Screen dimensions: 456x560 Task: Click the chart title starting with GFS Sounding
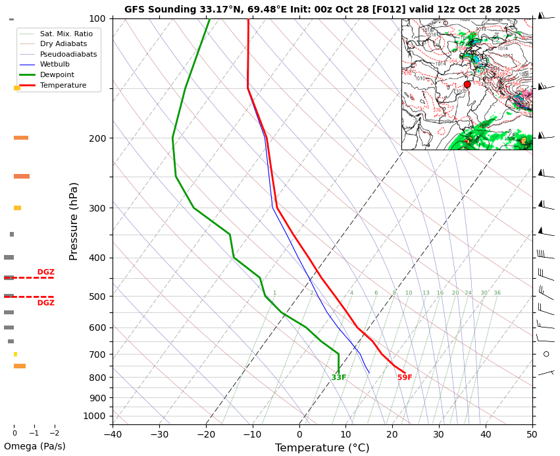[322, 9]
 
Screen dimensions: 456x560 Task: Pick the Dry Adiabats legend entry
[63, 43]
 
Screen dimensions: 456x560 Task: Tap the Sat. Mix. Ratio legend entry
[66, 34]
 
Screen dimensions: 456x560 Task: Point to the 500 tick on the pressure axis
[97, 297]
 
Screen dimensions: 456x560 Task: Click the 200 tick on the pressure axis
[97, 138]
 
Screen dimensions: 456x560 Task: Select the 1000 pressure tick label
[95, 416]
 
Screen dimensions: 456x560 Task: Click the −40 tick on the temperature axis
[113, 434]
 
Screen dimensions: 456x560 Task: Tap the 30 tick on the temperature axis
[439, 434]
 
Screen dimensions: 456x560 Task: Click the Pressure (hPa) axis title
[74, 221]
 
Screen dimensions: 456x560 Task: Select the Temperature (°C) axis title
[322, 448]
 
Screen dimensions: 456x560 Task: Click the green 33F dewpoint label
[339, 378]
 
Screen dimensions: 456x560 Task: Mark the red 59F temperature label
[405, 378]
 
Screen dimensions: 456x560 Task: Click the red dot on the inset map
[467, 84]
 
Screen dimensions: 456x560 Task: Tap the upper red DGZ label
[45, 272]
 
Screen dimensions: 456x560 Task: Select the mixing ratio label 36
[497, 293]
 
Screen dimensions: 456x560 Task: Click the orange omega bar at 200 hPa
[21, 138]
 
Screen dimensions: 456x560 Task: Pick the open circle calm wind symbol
[546, 354]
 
